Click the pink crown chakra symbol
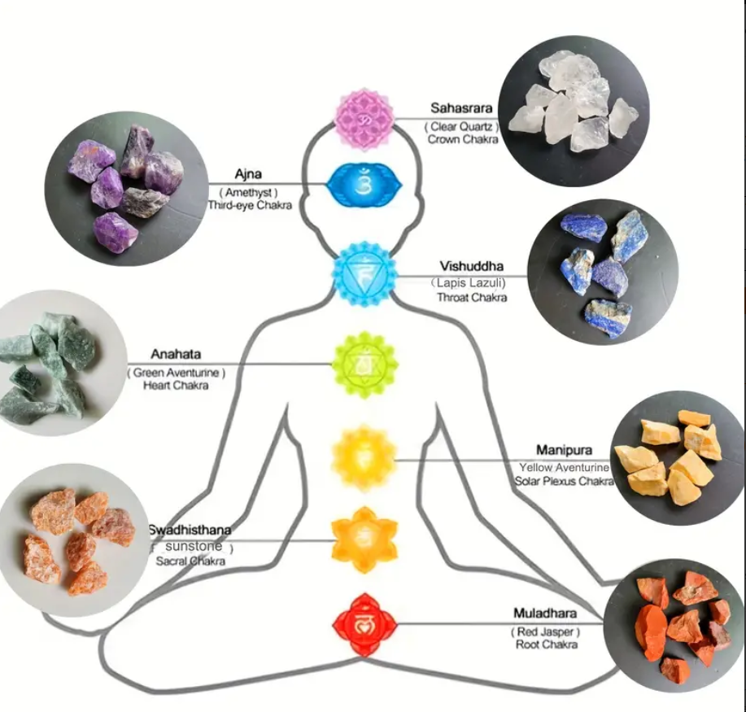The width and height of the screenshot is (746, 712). coord(364,120)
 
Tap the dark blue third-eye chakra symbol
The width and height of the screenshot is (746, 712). coord(364,186)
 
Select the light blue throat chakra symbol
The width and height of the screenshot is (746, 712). coord(364,273)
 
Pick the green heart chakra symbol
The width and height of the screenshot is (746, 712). coord(364,364)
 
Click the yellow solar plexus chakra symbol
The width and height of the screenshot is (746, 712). coord(364,458)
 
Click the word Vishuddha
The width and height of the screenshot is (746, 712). coord(472,266)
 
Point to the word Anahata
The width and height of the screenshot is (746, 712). coord(175,355)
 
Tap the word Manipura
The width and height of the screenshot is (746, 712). coord(564,450)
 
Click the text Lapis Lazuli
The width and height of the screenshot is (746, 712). coord(470,282)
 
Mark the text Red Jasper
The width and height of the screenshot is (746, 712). coord(545,631)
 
